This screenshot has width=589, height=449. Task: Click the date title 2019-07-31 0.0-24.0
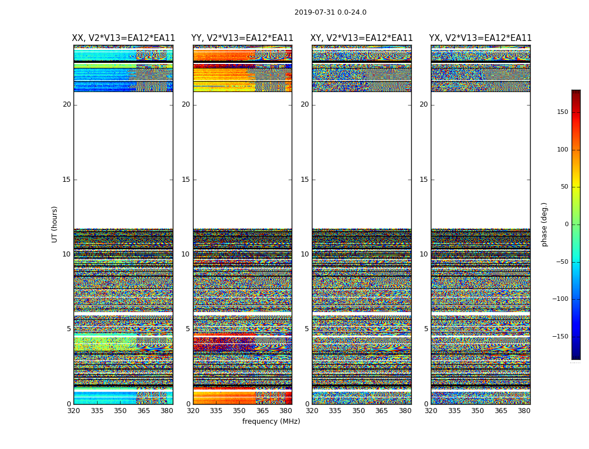point(330,12)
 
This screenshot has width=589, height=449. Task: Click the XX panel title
point(123,38)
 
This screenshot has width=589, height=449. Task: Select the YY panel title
point(242,38)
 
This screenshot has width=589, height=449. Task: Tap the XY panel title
point(361,38)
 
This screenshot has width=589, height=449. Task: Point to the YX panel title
point(480,38)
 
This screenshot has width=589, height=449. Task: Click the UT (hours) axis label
point(55,224)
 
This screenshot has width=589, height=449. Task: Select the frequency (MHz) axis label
point(271,421)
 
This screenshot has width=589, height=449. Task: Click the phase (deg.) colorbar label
point(544,224)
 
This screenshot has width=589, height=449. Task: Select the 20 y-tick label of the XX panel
point(67,104)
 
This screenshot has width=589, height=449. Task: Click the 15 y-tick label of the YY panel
point(186,180)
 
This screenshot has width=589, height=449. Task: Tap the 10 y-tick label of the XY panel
point(305,254)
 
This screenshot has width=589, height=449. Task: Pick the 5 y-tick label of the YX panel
point(426,329)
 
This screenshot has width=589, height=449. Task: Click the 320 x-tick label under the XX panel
point(73,411)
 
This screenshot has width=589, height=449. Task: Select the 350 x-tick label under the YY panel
point(240,411)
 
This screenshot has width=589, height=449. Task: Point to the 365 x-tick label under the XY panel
point(381,411)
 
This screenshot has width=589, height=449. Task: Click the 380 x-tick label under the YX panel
point(524,411)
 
